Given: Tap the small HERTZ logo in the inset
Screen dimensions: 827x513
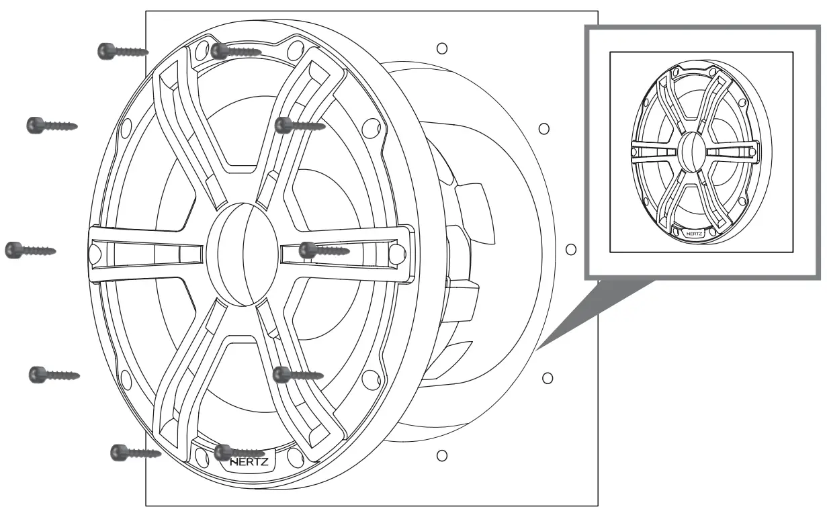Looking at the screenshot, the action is pyautogui.click(x=695, y=233).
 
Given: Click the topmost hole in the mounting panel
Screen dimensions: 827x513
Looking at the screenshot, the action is pyautogui.click(x=441, y=48).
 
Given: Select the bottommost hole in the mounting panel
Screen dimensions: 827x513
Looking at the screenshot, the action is pyautogui.click(x=442, y=456).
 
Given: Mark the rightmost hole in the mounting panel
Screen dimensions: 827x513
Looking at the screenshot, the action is pyautogui.click(x=571, y=250).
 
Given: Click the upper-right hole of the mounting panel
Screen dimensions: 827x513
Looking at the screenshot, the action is pyautogui.click(x=545, y=127).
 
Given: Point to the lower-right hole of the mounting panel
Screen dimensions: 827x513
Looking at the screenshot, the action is pyautogui.click(x=547, y=378).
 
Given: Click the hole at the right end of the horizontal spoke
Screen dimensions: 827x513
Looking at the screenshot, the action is pyautogui.click(x=396, y=250).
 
